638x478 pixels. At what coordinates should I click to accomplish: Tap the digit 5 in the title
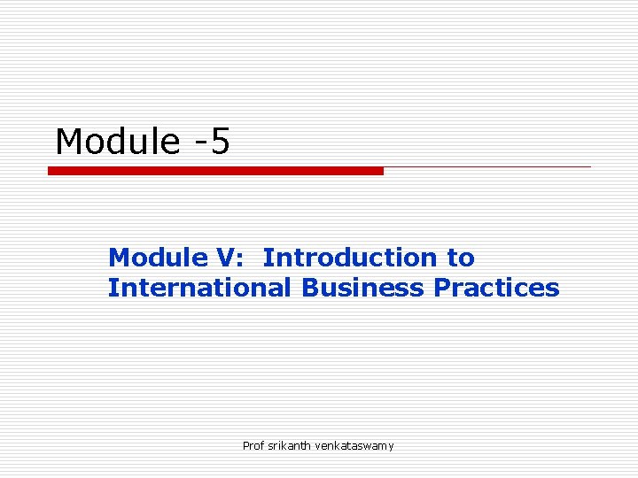(220, 142)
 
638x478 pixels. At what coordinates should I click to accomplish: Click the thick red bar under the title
(215, 171)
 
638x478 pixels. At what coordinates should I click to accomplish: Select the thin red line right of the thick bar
(487, 166)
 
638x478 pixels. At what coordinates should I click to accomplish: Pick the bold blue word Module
(157, 258)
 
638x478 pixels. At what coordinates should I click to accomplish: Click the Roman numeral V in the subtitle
(225, 258)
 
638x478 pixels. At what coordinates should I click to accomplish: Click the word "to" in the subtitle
(460, 258)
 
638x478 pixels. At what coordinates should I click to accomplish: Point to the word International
(199, 288)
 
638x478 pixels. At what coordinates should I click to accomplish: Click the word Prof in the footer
(253, 445)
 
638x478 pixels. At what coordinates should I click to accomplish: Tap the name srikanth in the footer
(289, 445)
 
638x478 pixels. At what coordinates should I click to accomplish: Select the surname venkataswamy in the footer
(354, 445)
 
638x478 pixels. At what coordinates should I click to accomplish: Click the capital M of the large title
(69, 142)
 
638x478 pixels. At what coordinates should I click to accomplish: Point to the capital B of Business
(309, 288)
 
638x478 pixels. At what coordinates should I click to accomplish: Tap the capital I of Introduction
(267, 258)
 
